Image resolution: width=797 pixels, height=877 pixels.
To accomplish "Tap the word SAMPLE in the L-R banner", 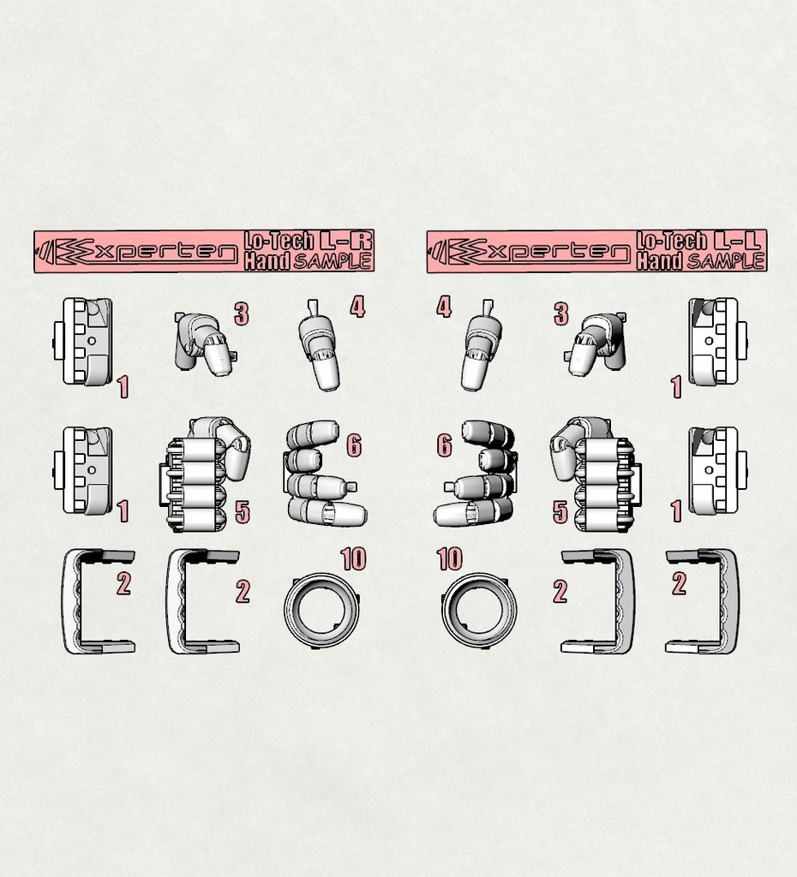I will click(333, 261).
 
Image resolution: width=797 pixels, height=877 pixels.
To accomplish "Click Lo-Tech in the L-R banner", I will click(279, 242).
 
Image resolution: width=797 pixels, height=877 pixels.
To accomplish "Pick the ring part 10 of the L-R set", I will click(321, 610).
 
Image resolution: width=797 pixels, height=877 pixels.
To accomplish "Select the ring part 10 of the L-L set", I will click(479, 610).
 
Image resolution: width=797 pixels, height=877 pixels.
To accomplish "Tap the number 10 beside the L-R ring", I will click(353, 560).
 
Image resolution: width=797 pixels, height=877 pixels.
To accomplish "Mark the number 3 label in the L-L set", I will click(561, 314).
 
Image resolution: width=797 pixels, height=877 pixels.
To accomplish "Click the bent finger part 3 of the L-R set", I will click(204, 343).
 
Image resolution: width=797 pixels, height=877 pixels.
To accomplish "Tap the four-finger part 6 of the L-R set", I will click(321, 475).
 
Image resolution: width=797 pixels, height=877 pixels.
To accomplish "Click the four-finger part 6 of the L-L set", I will click(478, 475).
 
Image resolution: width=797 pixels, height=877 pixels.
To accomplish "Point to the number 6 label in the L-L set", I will click(444, 445).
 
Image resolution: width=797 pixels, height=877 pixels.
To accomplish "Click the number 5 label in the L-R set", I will click(243, 513).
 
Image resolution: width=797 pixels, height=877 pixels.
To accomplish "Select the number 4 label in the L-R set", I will click(357, 307).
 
